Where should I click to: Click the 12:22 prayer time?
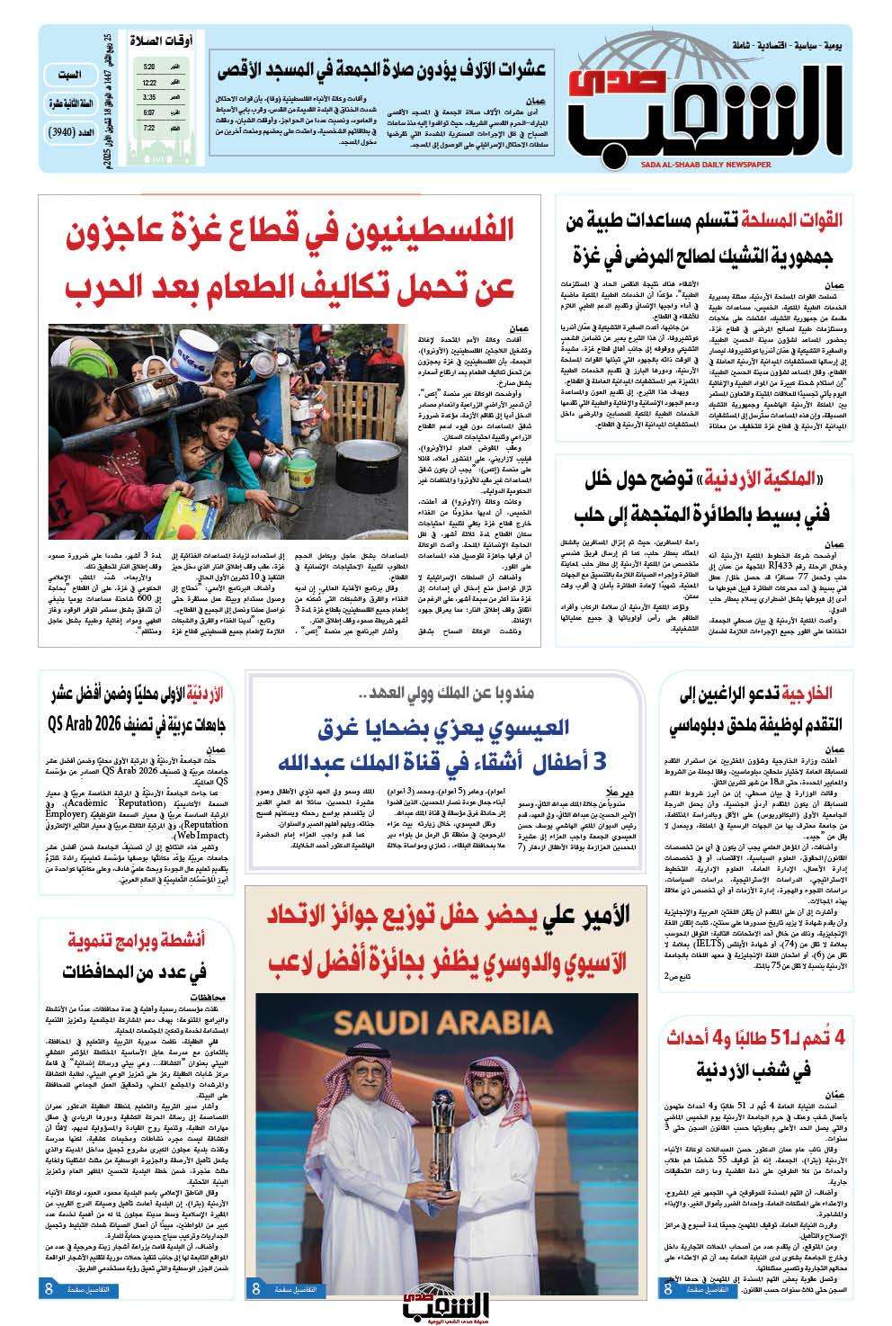149,82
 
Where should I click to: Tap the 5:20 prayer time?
149,67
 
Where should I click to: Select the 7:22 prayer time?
149,129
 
